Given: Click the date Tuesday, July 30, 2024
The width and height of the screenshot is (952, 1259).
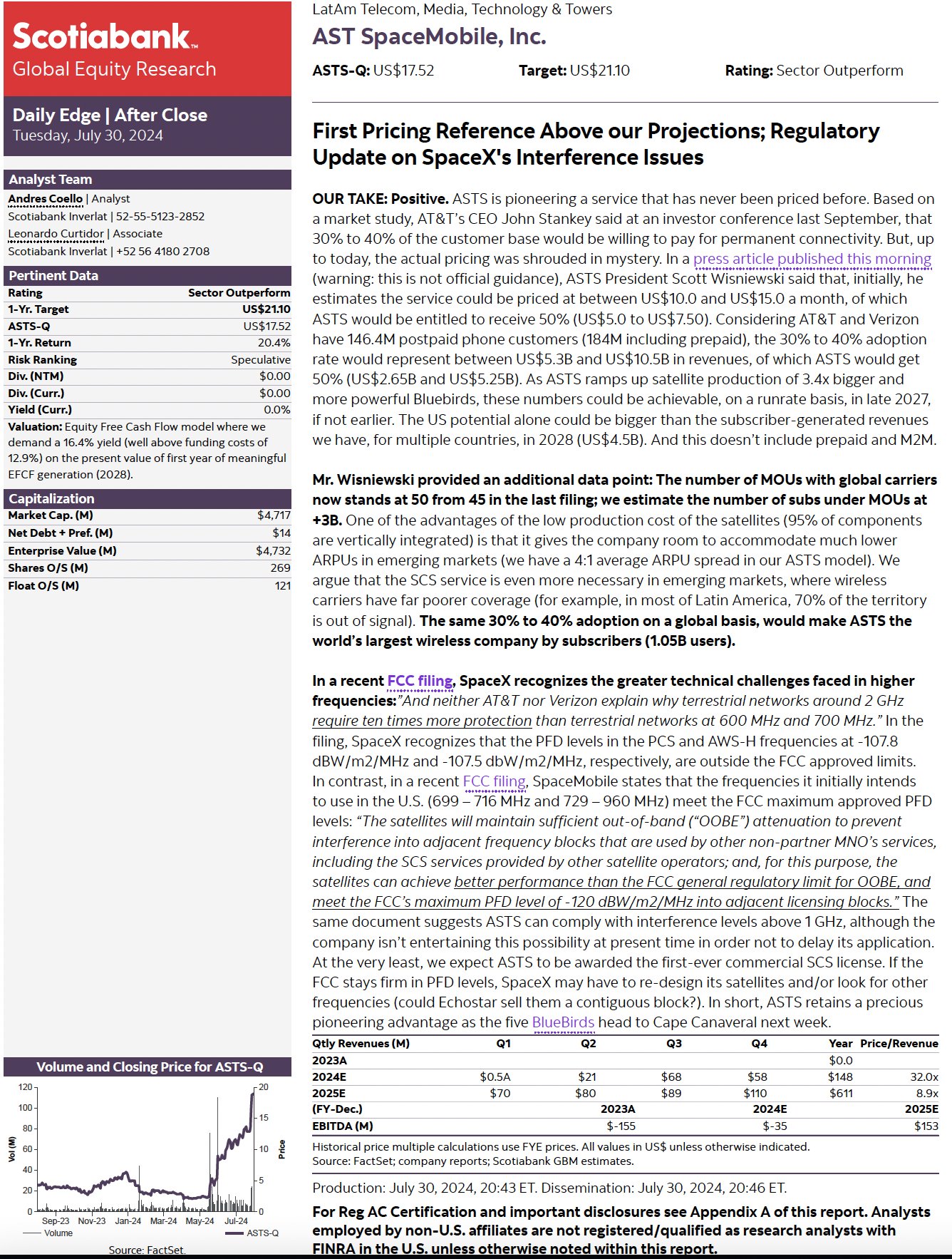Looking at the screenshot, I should [88, 135].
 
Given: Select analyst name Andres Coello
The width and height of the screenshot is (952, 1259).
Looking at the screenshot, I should [46, 199].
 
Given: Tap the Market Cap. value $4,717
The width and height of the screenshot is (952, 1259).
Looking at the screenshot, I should [274, 515].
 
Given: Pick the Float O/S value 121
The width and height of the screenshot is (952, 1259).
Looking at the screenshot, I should [283, 585].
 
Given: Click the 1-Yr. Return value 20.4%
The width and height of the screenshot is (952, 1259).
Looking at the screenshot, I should [274, 343].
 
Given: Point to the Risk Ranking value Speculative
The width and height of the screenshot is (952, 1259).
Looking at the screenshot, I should [260, 360].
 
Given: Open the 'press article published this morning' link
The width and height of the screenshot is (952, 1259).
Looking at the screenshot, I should [812, 259].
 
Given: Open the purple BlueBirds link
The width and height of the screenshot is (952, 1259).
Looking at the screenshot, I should [563, 1022].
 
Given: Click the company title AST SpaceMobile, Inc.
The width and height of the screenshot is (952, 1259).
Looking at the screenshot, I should [429, 37].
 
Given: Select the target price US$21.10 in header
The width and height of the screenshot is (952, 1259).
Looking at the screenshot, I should [600, 71].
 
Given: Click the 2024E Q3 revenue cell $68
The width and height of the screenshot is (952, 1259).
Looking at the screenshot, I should [671, 1076].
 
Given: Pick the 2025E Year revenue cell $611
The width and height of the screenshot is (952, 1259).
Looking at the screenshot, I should [841, 1093].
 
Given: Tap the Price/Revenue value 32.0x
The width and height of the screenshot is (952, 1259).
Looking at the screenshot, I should [924, 1076].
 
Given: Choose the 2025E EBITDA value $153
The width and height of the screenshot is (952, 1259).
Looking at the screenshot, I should [926, 1126].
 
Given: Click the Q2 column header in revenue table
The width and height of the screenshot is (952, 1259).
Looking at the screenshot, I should [589, 1043].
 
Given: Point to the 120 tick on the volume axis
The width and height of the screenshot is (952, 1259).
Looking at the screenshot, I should [26, 1087].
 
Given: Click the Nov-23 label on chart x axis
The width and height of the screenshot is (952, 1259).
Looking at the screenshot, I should [91, 1221].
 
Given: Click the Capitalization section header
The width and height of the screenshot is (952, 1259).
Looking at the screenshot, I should [51, 498].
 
